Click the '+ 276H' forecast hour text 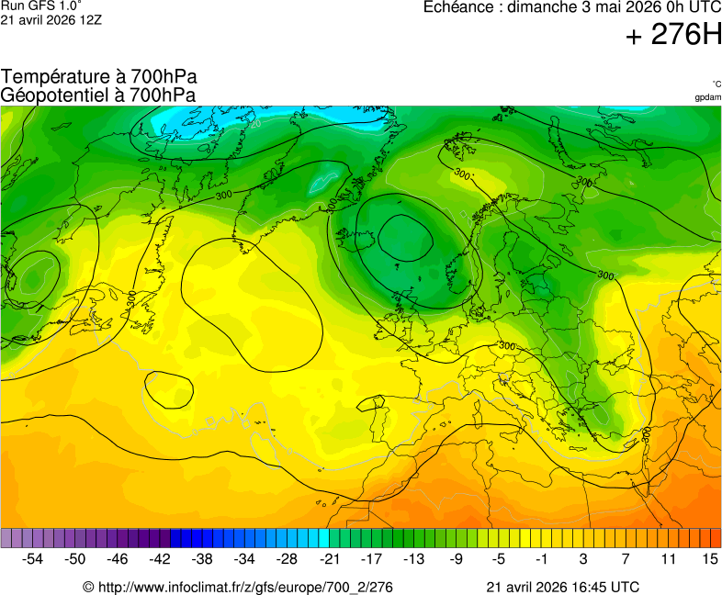click(673, 36)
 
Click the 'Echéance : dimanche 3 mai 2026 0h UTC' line click(571, 7)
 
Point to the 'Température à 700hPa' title click(99, 77)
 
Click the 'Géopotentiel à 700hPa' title click(98, 95)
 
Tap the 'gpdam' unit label click(707, 96)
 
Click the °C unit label click(716, 84)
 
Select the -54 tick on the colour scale click(33, 558)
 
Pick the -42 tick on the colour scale click(160, 558)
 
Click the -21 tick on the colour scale click(329, 558)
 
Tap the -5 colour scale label click(498, 558)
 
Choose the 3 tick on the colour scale click(583, 558)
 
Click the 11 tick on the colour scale click(668, 558)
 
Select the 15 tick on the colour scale click(709, 558)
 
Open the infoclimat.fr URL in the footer click(238, 587)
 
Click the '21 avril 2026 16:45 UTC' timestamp click(562, 587)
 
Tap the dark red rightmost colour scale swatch click(716, 538)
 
